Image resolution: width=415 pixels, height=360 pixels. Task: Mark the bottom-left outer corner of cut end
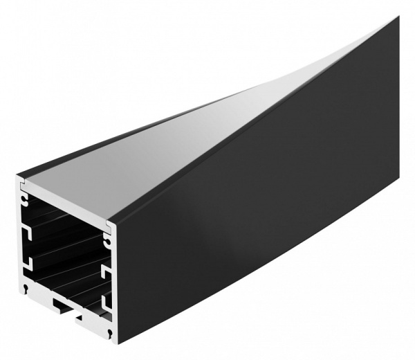tap(19, 294)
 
